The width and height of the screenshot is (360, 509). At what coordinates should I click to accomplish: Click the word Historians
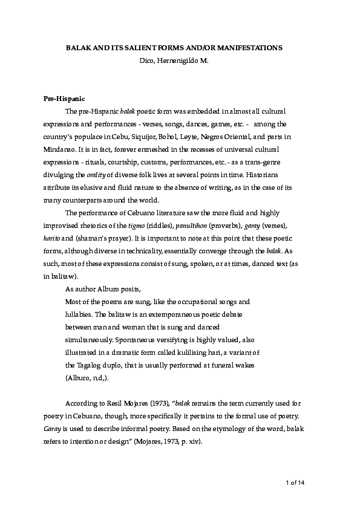pos(275,175)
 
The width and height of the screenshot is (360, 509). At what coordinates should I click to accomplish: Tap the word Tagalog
pos(89,365)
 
